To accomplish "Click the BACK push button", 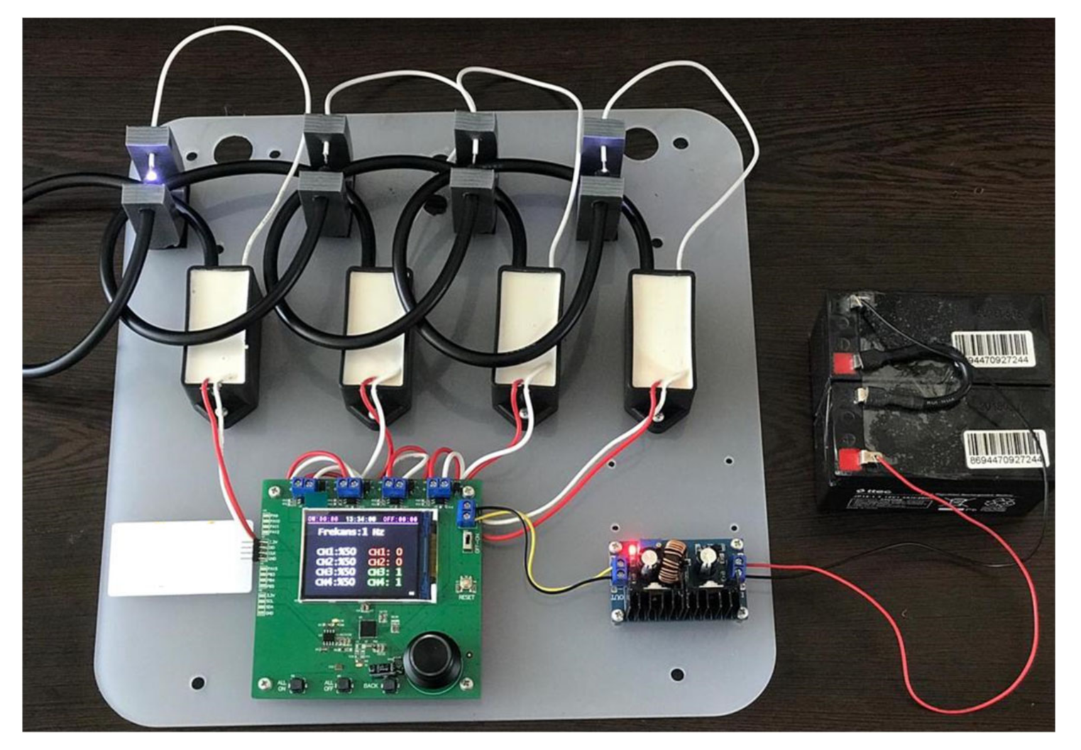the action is click(390, 684).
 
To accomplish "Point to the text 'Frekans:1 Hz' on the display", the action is click(351, 531).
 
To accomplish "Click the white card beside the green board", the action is click(181, 558).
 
